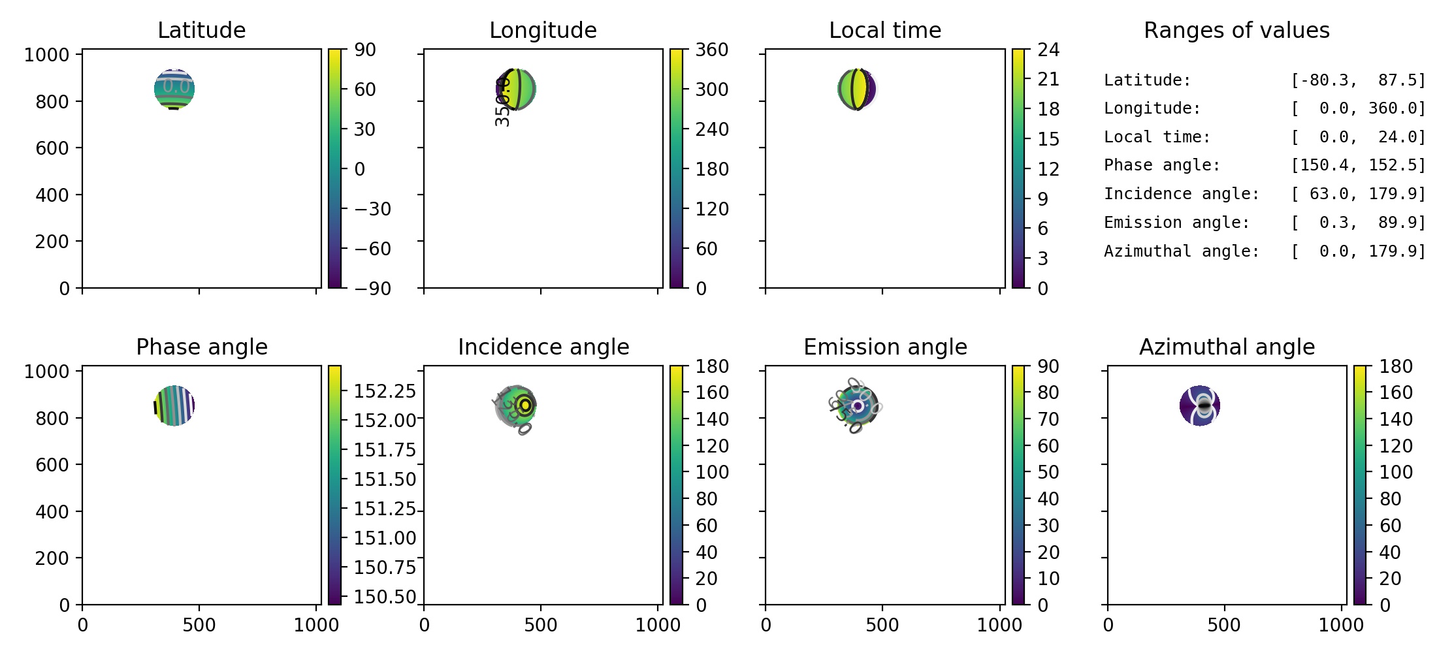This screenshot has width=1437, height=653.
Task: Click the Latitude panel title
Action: pyautogui.click(x=201, y=30)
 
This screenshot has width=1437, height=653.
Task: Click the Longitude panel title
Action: pyautogui.click(x=543, y=30)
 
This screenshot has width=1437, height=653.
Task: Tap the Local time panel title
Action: pyautogui.click(x=885, y=30)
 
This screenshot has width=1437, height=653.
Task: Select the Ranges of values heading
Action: pyautogui.click(x=1236, y=30)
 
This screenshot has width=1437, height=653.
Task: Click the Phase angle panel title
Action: pyautogui.click(x=201, y=347)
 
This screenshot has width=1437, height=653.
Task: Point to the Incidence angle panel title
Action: pyautogui.click(x=543, y=347)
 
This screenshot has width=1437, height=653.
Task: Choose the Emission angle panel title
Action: pyautogui.click(x=885, y=347)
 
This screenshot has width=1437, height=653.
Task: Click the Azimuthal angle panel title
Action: pyautogui.click(x=1227, y=347)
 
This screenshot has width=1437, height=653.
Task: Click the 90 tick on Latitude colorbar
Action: pyautogui.click(x=365, y=50)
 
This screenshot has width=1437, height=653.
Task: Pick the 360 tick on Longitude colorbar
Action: pyautogui.click(x=711, y=50)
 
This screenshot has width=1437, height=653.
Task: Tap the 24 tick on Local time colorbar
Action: pyautogui.click(x=1048, y=50)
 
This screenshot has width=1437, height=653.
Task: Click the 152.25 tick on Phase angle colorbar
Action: pyautogui.click(x=385, y=390)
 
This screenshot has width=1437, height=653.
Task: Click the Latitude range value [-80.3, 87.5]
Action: pyautogui.click(x=1357, y=80)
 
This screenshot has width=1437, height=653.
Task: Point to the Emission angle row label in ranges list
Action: pyautogui.click(x=1176, y=223)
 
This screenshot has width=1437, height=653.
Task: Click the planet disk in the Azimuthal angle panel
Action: pyautogui.click(x=1200, y=406)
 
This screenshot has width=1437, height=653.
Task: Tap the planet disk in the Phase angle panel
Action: pyautogui.click(x=174, y=406)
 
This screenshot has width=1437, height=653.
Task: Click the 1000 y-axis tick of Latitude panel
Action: pyautogui.click(x=46, y=55)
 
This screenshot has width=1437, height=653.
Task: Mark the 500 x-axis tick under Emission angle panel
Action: pyautogui.click(x=882, y=625)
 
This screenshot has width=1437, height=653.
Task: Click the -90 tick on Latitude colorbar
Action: pyautogui.click(x=372, y=288)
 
